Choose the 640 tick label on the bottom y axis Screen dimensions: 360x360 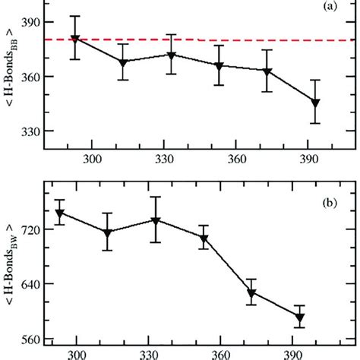28,284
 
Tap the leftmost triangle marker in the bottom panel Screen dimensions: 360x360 59,213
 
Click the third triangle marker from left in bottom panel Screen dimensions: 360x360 156,220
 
